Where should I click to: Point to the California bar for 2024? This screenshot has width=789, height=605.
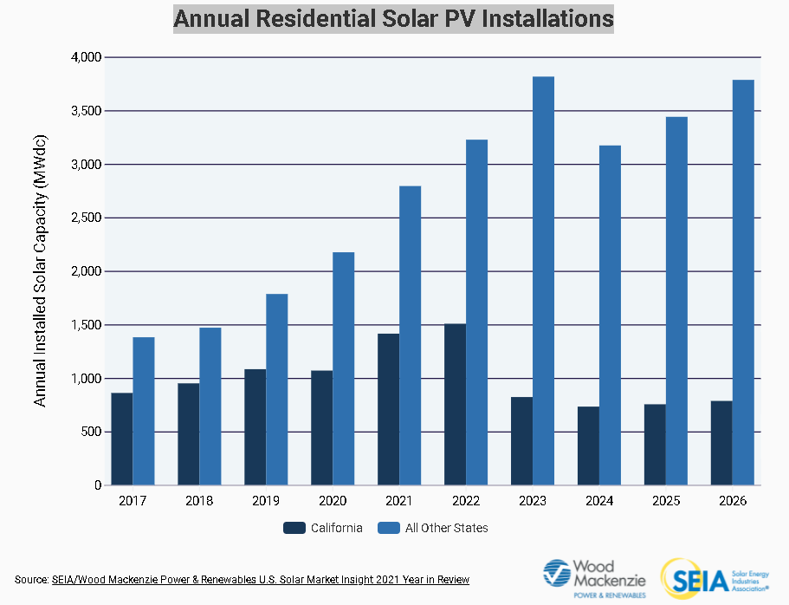point(588,446)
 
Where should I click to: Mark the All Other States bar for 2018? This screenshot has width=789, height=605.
point(210,407)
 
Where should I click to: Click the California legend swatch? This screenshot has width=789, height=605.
point(294,528)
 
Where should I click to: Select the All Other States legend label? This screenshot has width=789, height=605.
point(447,528)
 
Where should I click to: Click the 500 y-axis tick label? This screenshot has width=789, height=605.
point(90,433)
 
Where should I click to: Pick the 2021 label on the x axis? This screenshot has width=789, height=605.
point(399,501)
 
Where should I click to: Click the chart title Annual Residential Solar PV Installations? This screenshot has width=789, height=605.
point(394,18)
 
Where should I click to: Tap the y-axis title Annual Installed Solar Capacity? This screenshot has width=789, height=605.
point(40,271)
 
